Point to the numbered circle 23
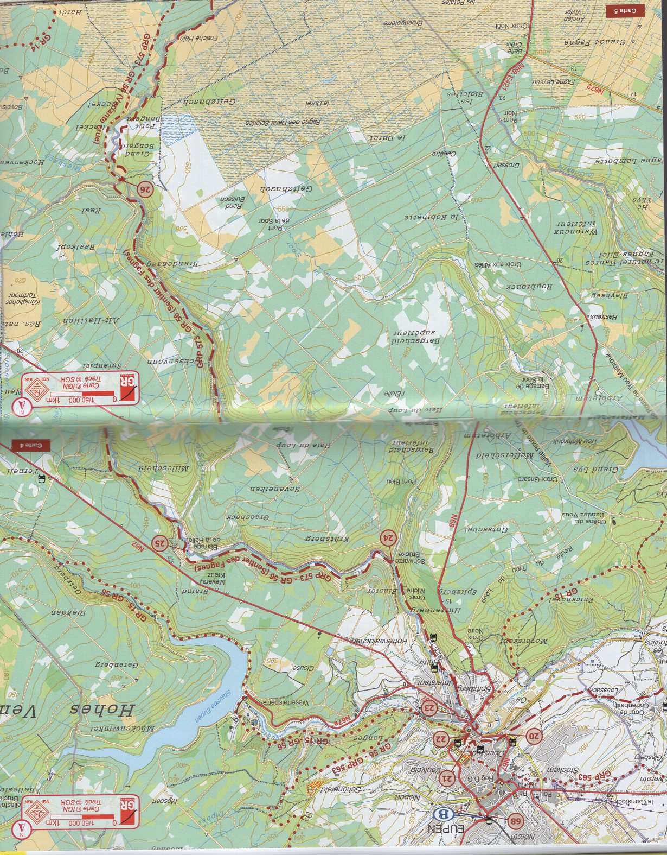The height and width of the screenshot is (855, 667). coord(429,708)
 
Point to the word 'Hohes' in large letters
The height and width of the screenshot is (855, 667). coord(103,710)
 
